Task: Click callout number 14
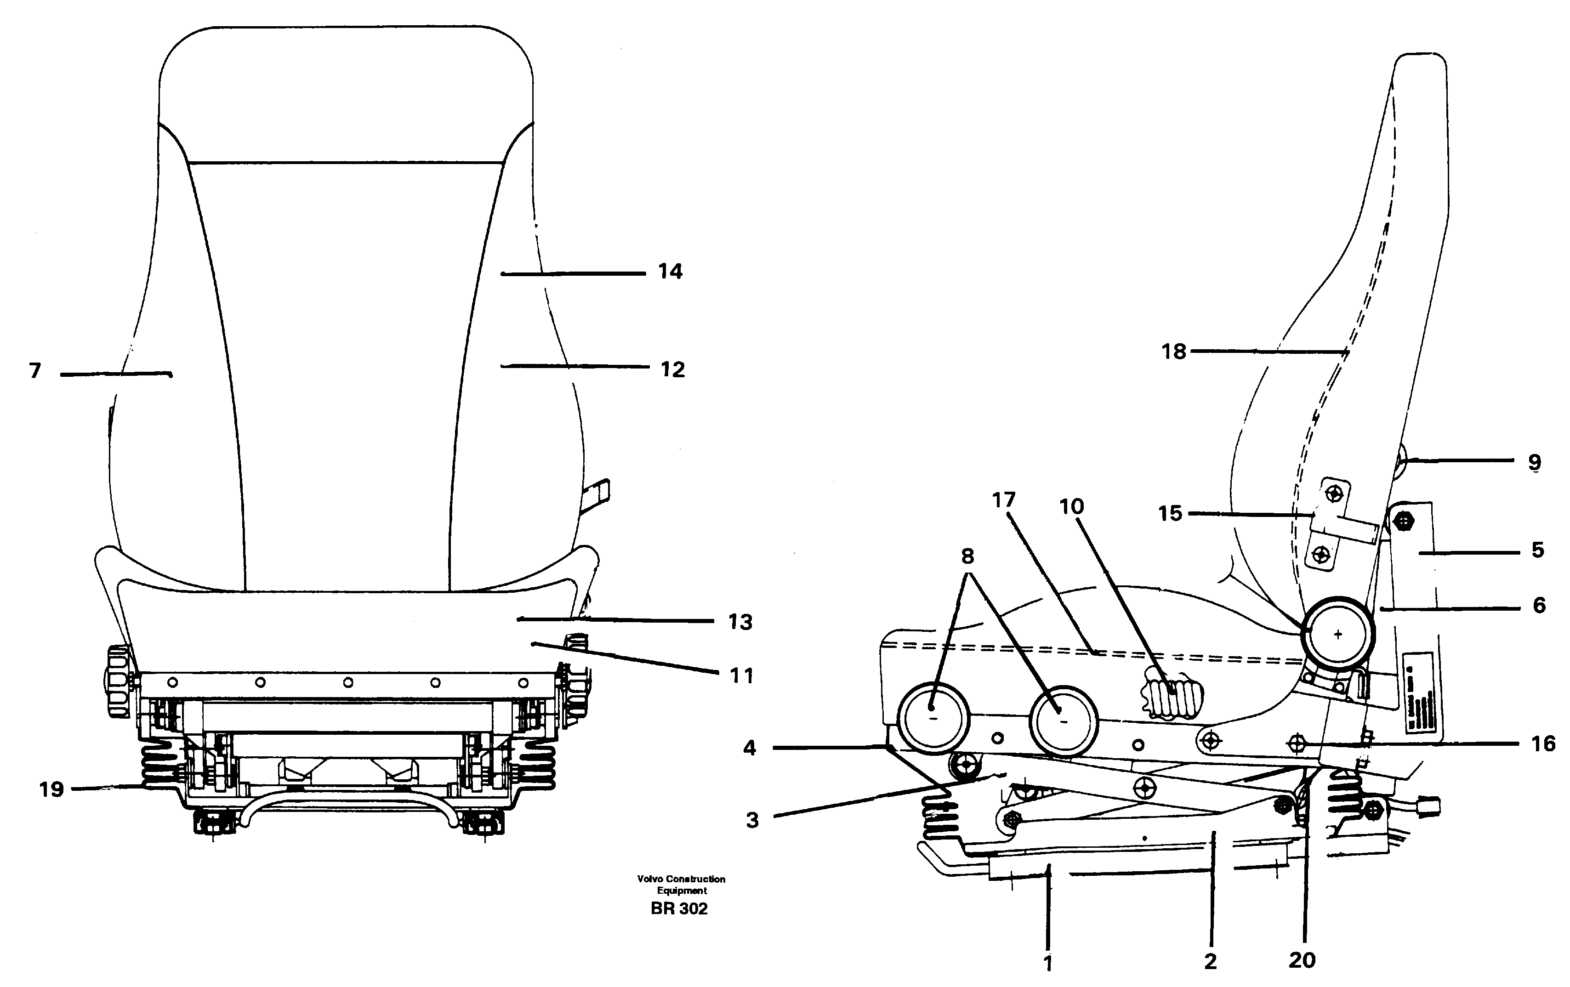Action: pos(670,271)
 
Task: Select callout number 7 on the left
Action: pos(35,371)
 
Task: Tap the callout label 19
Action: pos(51,789)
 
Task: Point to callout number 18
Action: pos(1173,352)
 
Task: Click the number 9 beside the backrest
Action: pos(1535,461)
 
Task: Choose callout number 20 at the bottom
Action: pos(1302,959)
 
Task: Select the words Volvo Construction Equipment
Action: pos(681,885)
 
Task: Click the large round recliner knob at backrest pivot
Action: pos(1338,634)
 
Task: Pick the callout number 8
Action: pos(967,556)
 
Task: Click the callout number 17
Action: pos(1004,500)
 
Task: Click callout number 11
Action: pos(741,675)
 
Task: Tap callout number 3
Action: pos(752,820)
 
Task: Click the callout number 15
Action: pos(1170,514)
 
